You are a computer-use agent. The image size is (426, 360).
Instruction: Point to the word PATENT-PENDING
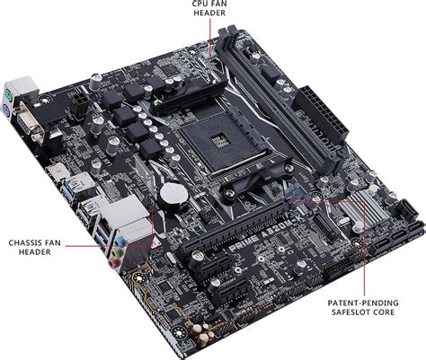tap(361, 303)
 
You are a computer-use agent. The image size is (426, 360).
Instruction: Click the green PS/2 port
tap(9, 92)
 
